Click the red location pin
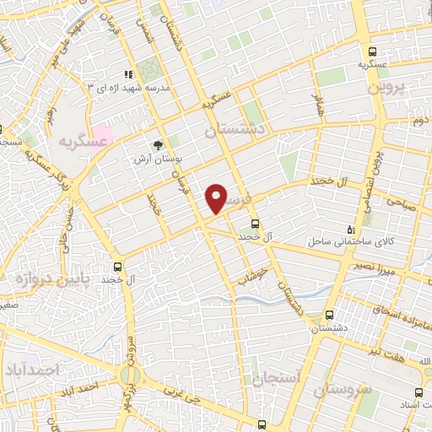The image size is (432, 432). [217, 199]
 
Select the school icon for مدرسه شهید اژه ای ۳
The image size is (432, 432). [127, 75]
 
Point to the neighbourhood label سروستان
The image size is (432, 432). [344, 391]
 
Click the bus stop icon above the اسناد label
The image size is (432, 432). [422, 392]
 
